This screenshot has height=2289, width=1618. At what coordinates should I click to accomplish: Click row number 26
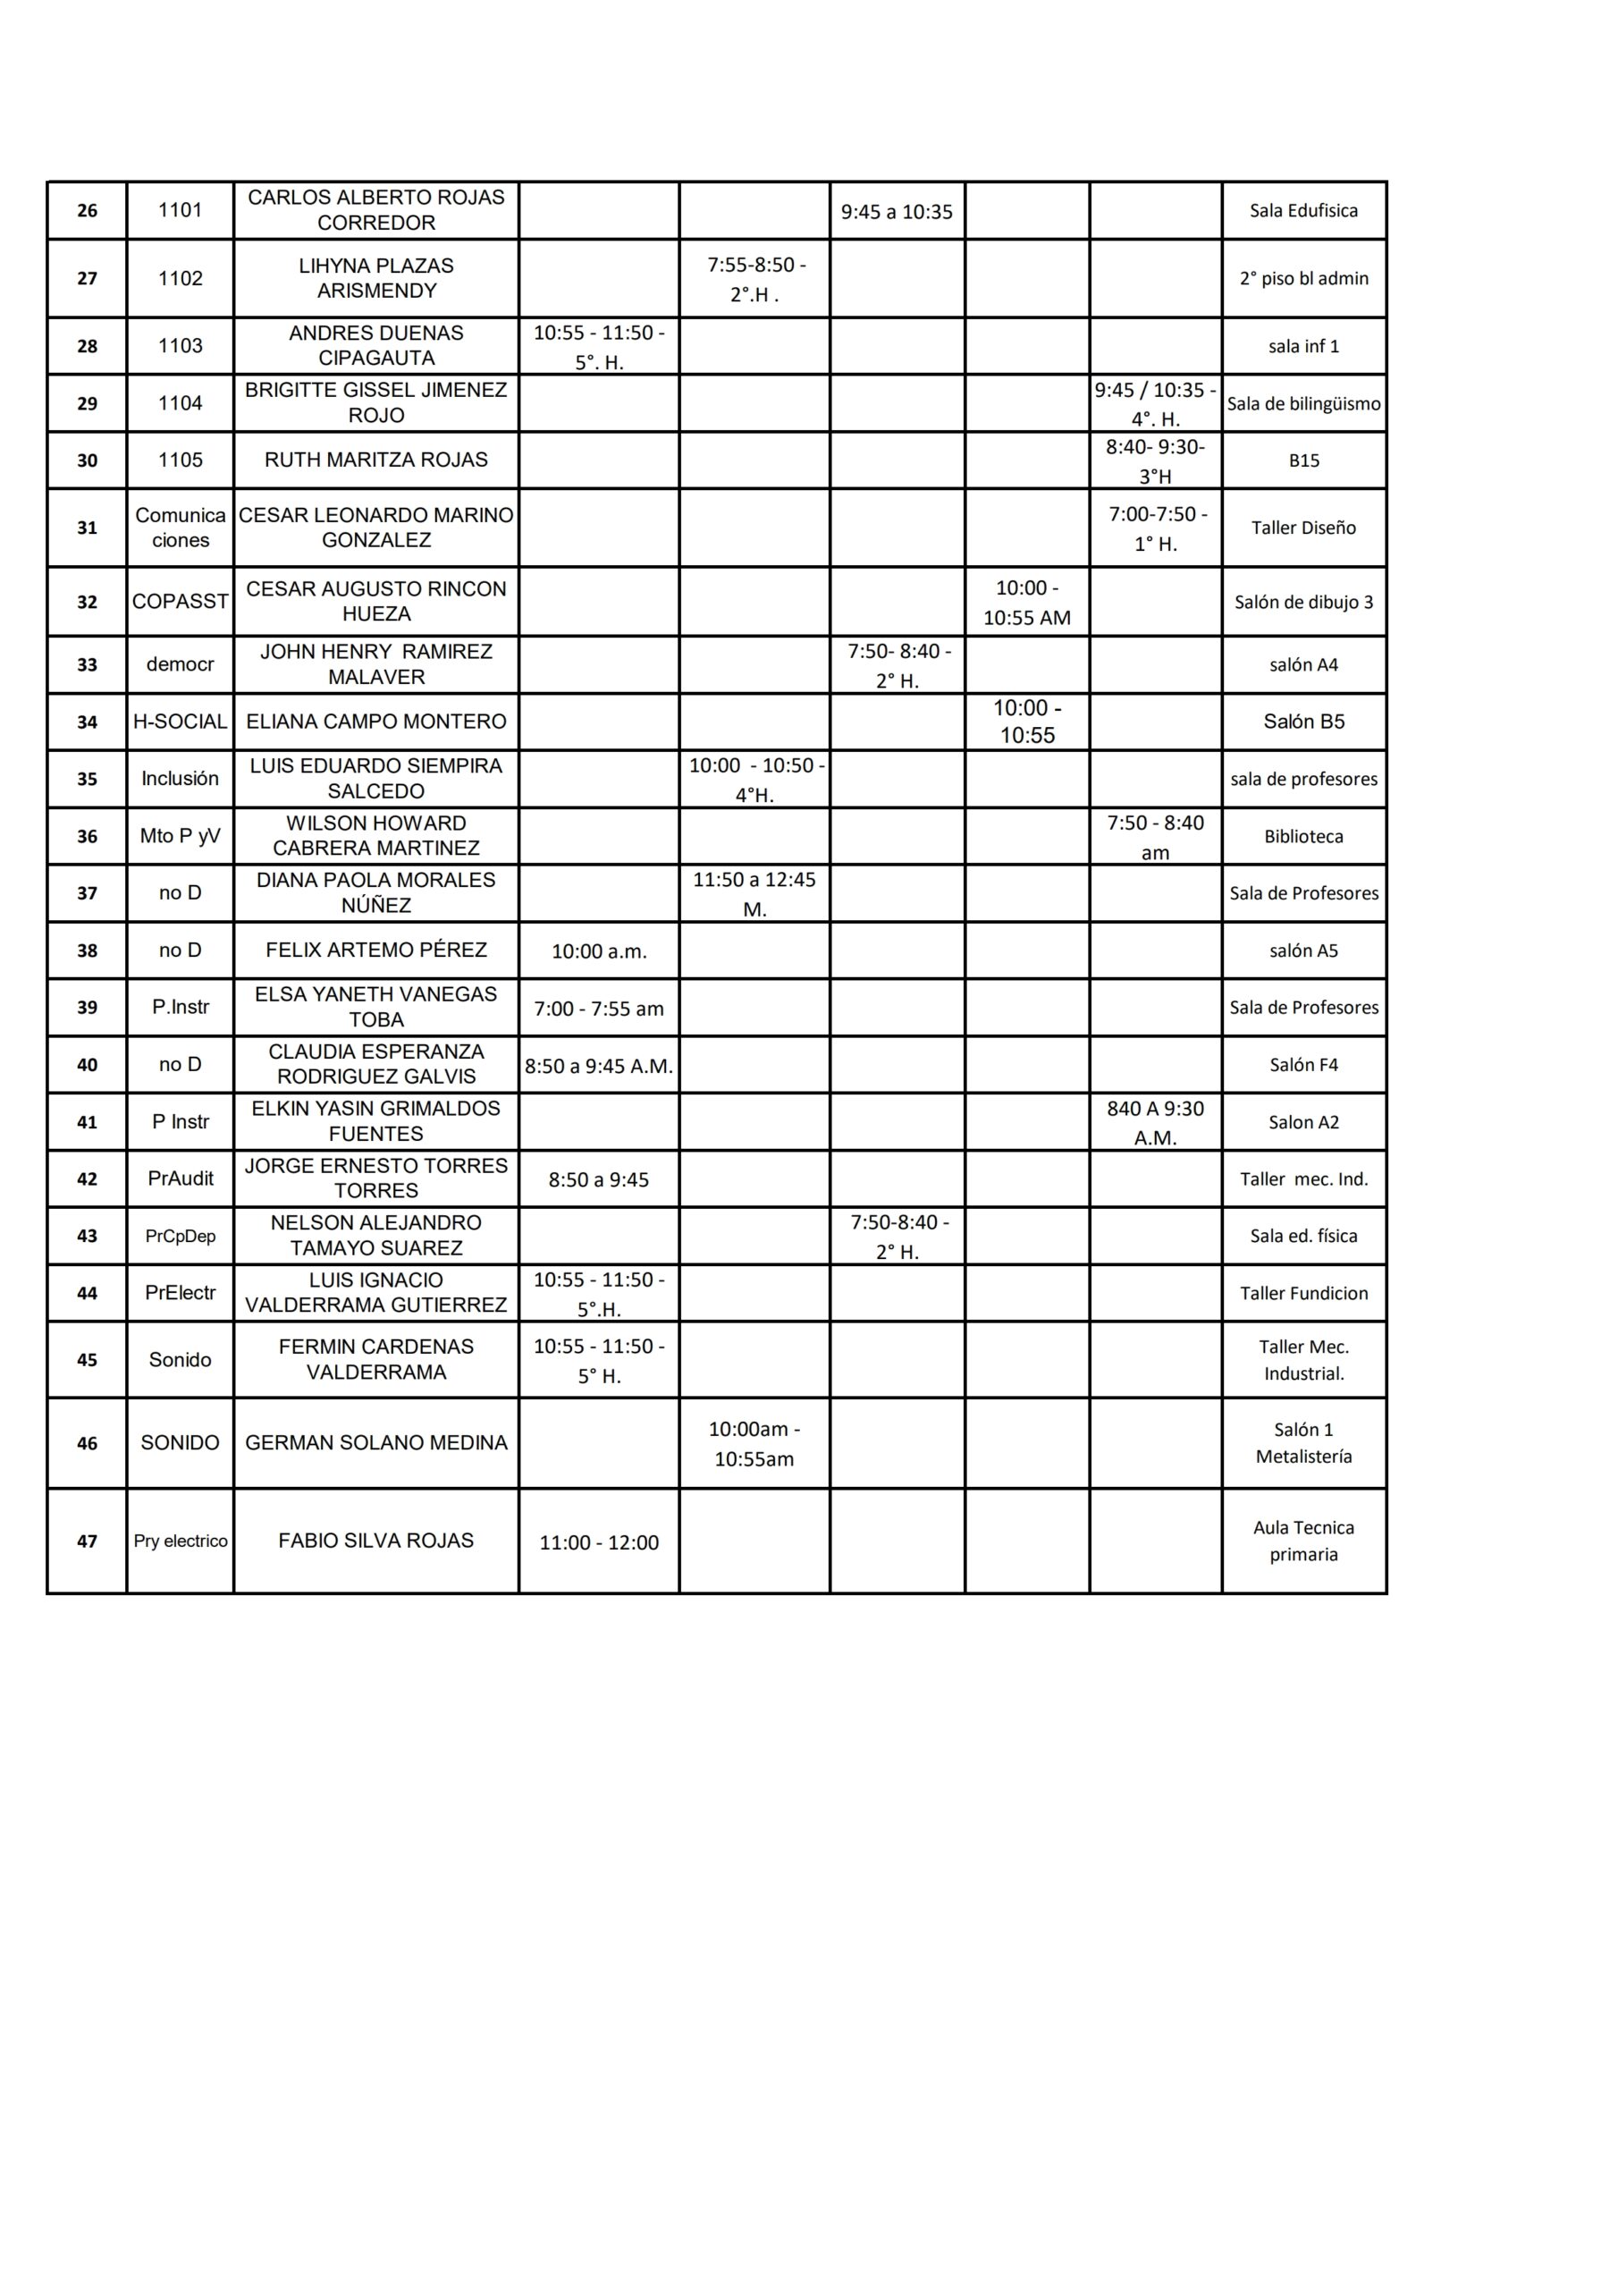point(87,210)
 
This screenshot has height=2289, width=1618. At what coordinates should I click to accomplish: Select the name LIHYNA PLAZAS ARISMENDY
point(375,278)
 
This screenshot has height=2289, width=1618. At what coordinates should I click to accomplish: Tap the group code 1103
point(180,346)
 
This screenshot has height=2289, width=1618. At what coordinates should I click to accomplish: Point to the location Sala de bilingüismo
point(1303,404)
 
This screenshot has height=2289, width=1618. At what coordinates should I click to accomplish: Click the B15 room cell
point(1303,460)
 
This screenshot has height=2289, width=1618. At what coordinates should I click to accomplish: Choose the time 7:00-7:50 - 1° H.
point(1156,528)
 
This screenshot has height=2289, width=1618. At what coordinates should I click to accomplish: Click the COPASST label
point(180,601)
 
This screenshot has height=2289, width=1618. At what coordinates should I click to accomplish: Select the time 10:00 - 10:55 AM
point(1026,602)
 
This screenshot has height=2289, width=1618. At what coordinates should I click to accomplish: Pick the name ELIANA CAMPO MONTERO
point(375,722)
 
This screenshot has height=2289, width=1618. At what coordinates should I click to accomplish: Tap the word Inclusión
point(180,779)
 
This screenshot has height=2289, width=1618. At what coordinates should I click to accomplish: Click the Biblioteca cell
point(1303,836)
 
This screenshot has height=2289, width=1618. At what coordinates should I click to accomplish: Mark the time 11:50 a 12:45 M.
point(754,893)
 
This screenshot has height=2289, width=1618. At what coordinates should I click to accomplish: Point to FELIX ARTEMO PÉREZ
point(375,950)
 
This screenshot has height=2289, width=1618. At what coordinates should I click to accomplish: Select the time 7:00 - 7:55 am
point(598,1009)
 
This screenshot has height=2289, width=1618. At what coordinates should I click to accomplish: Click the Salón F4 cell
point(1303,1065)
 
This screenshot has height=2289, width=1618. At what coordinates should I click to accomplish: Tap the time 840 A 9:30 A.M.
point(1156,1122)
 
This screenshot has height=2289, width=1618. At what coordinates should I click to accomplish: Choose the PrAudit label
point(180,1178)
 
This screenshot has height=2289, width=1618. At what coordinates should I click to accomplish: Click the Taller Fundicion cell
point(1303,1293)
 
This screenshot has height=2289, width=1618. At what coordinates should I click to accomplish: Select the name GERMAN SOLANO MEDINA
point(375,1442)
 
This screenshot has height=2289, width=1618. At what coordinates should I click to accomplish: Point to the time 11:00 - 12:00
point(598,1542)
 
